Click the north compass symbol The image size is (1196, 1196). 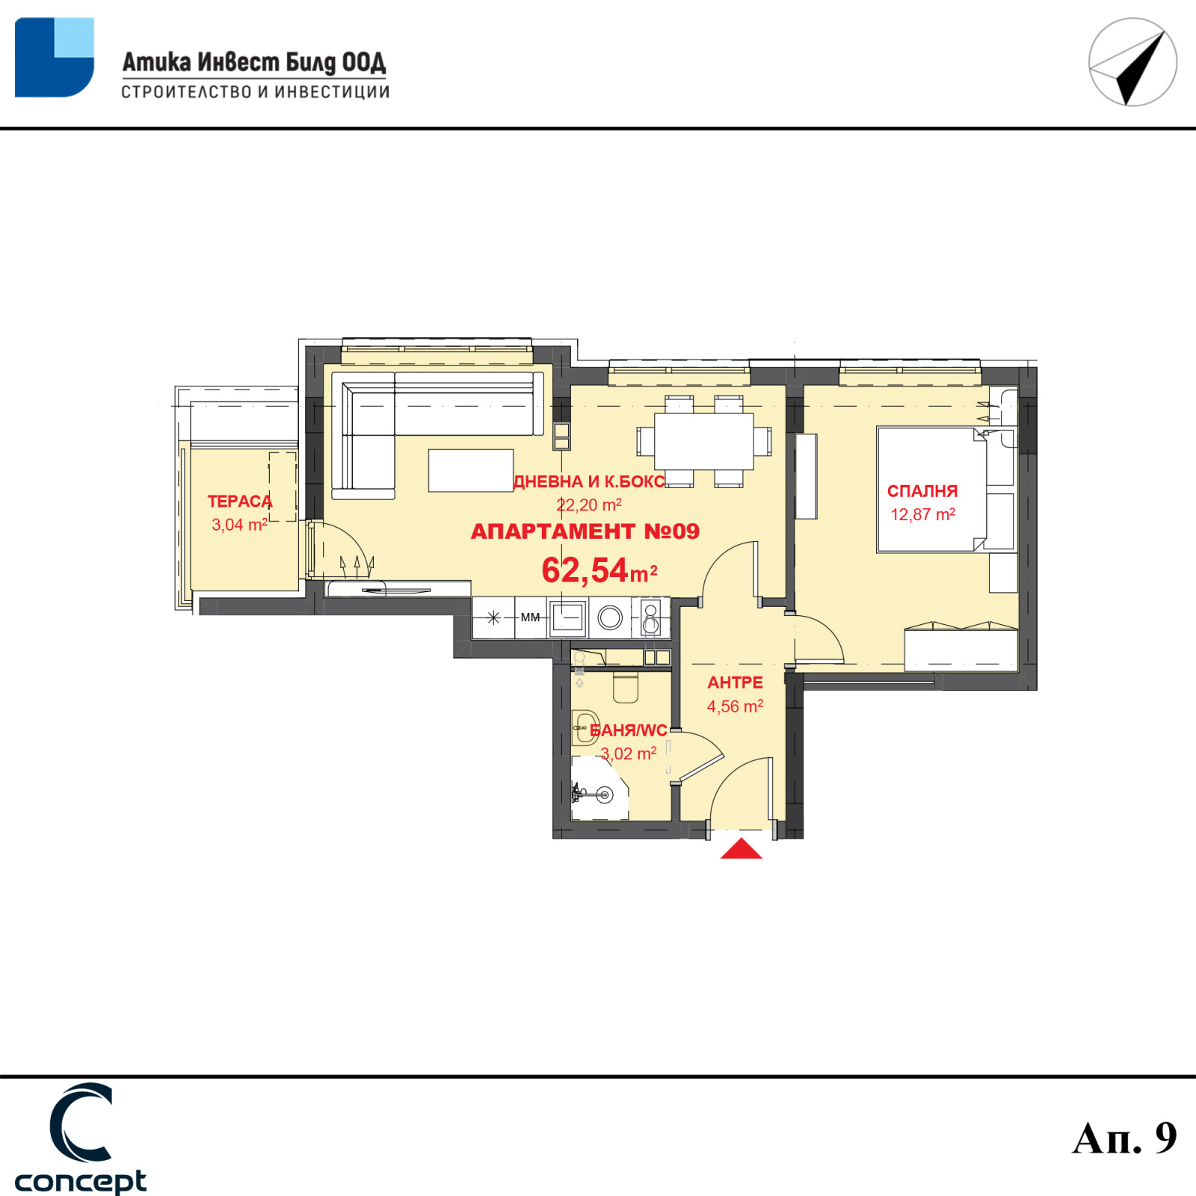pyautogui.click(x=1132, y=62)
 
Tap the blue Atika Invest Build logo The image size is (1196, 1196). pyautogui.click(x=55, y=58)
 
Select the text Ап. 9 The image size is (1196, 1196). pyautogui.click(x=1124, y=1138)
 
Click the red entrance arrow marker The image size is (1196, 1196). pyautogui.click(x=741, y=848)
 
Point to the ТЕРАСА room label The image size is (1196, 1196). pyautogui.click(x=240, y=501)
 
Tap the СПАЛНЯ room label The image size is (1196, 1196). pyautogui.click(x=922, y=491)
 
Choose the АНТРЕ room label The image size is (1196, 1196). pyautogui.click(x=735, y=682)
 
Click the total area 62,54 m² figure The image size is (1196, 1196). pyautogui.click(x=599, y=570)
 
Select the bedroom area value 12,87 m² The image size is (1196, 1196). pyautogui.click(x=922, y=514)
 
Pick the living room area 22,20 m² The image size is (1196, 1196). pyautogui.click(x=589, y=505)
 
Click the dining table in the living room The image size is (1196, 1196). pyautogui.click(x=703, y=441)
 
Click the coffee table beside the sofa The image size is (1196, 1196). pyautogui.click(x=471, y=470)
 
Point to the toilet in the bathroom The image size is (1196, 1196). pyautogui.click(x=626, y=686)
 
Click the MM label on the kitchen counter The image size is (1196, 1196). pyautogui.click(x=530, y=617)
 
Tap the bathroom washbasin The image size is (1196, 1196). pyautogui.click(x=585, y=727)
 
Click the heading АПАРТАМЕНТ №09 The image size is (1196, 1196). pyautogui.click(x=585, y=531)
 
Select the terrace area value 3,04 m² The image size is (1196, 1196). pyautogui.click(x=239, y=525)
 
